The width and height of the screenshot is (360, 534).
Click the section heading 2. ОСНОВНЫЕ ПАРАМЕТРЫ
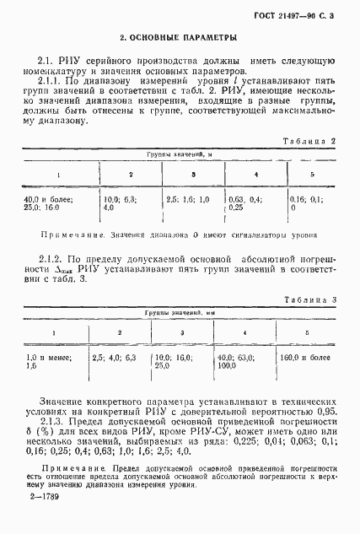point(177,37)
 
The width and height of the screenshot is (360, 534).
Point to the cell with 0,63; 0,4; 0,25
point(246,202)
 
